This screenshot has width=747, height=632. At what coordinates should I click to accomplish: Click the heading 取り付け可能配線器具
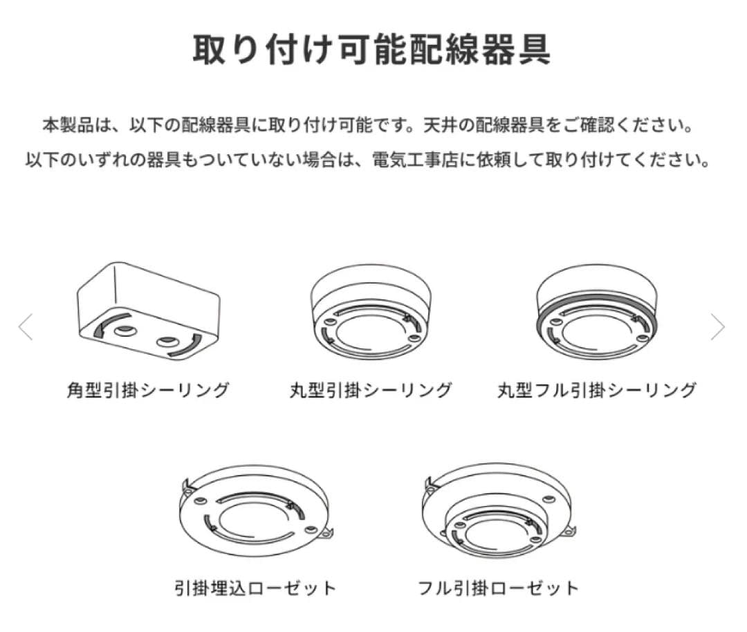(x=372, y=49)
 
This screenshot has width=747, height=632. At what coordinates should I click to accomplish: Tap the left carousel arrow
(x=26, y=326)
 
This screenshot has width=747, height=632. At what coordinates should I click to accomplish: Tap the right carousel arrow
(x=717, y=326)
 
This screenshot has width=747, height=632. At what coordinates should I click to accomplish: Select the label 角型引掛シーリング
(x=148, y=390)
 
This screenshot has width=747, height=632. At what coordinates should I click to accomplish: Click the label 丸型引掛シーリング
(x=371, y=390)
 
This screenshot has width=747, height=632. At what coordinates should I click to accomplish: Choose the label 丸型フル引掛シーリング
(x=597, y=390)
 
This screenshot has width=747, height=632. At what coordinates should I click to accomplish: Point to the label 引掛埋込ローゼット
(x=255, y=588)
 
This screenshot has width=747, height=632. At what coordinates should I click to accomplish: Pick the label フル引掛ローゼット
(x=498, y=588)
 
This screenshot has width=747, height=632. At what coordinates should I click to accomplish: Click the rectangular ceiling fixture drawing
(x=149, y=311)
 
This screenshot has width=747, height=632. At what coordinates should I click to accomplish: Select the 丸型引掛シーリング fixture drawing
(x=371, y=312)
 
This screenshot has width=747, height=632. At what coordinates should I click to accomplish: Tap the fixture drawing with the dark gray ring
(x=597, y=312)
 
